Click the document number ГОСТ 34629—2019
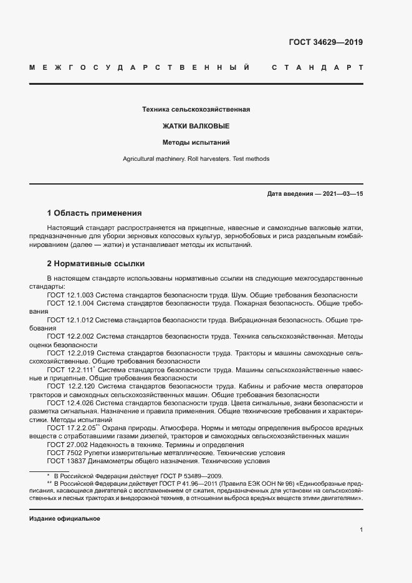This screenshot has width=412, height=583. tap(325, 42)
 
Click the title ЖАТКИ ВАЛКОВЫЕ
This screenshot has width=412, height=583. tap(196, 126)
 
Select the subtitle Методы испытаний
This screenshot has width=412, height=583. tap(196, 142)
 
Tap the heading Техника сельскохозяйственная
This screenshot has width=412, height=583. tap(196, 110)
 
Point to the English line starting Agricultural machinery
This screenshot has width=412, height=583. tap(196, 159)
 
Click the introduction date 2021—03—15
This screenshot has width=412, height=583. tap(340, 194)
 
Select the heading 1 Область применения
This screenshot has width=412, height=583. tap(95, 213)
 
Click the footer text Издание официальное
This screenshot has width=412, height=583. tap(65, 519)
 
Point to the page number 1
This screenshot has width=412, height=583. tap(361, 530)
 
